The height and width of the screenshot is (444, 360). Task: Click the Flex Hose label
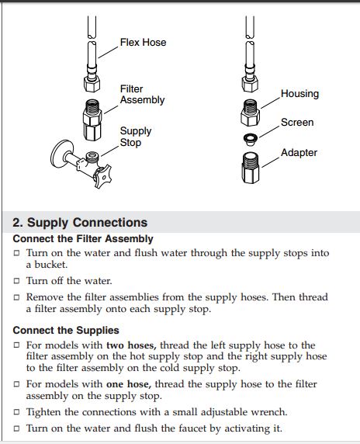coord(143,43)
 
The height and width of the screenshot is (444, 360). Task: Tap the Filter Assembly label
coord(142,94)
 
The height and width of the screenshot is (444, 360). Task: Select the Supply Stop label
coord(136,137)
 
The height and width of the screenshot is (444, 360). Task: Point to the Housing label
coord(299,93)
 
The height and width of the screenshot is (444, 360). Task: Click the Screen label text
coord(297,123)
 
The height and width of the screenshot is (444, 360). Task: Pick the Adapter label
coord(299,153)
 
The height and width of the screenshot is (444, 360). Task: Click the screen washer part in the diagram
coord(251,139)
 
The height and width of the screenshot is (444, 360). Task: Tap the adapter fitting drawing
coord(251,168)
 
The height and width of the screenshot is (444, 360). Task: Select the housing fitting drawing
coord(250,113)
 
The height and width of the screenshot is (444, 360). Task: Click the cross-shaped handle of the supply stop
coord(102,176)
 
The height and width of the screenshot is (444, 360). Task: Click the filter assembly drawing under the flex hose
coord(92,120)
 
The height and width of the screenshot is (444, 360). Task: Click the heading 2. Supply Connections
coord(80,223)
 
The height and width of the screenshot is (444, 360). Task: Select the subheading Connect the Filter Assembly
coord(83,239)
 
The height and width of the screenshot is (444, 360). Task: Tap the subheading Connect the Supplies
coord(66,330)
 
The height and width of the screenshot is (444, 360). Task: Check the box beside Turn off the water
coord(17,281)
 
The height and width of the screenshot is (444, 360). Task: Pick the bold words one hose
coord(129,384)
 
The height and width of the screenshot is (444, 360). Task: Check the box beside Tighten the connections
coord(17,411)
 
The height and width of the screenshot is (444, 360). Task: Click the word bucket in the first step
coord(51,265)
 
